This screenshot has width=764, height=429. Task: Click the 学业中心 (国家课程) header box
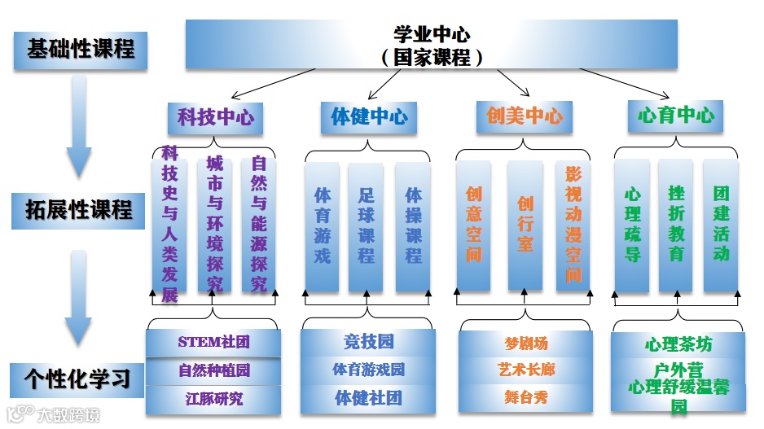(x=431, y=46)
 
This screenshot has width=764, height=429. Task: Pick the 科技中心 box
(x=216, y=117)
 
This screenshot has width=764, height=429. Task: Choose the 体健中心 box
(x=369, y=117)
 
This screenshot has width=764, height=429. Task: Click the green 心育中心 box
(x=675, y=116)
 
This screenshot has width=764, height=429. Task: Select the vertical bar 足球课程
(x=366, y=225)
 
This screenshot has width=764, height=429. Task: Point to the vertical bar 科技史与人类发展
(x=169, y=225)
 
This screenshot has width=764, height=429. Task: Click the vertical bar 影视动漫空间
(x=574, y=225)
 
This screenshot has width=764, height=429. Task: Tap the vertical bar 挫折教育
(x=676, y=225)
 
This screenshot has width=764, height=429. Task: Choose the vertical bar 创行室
(x=525, y=225)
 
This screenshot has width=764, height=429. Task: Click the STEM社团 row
(x=214, y=342)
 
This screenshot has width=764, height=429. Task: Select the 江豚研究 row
(x=214, y=399)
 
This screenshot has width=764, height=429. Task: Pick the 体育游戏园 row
(x=368, y=370)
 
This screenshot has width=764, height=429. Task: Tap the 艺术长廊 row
(x=526, y=370)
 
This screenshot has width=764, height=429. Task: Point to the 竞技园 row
(x=368, y=341)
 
